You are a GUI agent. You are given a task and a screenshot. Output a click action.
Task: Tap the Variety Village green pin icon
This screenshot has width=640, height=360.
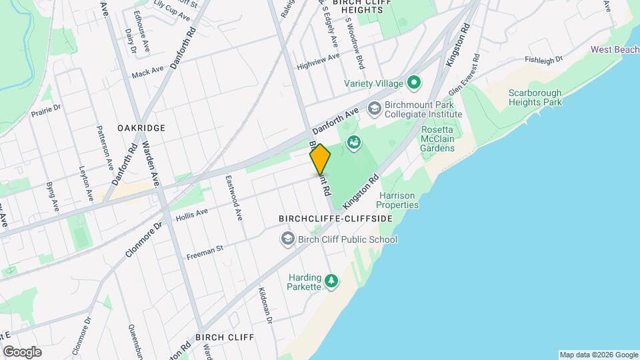click(x=414, y=83)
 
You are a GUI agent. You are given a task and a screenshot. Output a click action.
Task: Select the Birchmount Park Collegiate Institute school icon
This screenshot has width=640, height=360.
click(x=374, y=107)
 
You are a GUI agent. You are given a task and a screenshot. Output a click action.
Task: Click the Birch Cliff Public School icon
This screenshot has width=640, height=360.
click(x=287, y=239)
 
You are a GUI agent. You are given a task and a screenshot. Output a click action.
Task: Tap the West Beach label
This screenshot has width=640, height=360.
click(x=614, y=50)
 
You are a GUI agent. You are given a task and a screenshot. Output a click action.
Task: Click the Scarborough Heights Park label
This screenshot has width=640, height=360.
click(x=535, y=97)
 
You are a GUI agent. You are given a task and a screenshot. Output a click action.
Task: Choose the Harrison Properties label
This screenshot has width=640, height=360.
click(x=398, y=200)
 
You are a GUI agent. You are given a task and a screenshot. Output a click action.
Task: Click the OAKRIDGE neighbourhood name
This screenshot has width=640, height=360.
click(x=141, y=127)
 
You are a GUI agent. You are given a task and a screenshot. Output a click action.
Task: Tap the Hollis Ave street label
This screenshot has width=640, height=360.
click(x=192, y=214)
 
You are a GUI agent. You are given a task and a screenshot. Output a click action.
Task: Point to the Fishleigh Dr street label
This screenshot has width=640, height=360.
click(x=544, y=59)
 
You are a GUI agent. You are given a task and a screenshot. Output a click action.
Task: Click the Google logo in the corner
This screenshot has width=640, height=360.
click(x=22, y=352)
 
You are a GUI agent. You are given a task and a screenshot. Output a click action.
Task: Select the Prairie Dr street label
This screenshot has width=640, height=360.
click(x=46, y=110)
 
